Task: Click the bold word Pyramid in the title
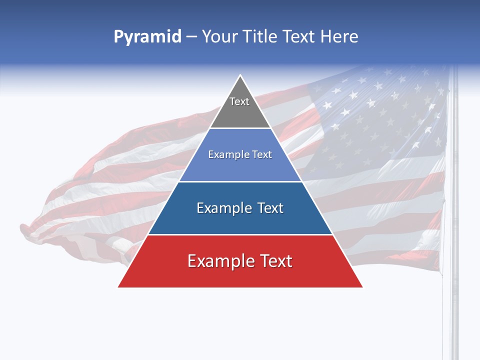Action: (x=147, y=37)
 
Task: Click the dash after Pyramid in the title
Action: (x=191, y=37)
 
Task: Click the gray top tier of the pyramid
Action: (x=240, y=112)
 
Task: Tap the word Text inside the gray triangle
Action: (x=239, y=101)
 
